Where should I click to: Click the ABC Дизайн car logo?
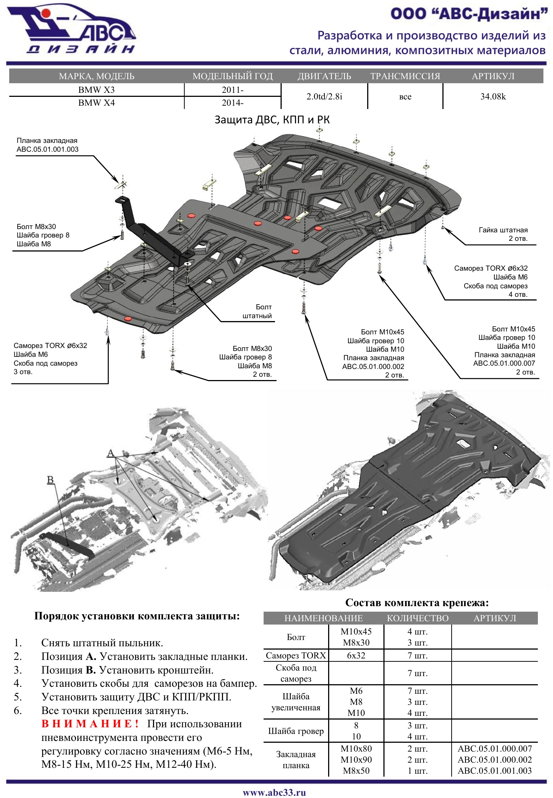[x=72, y=29]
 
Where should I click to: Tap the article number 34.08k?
[x=493, y=96]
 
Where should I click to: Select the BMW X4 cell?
[x=96, y=103]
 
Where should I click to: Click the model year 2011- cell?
[x=233, y=90]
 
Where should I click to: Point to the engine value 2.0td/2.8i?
[x=324, y=96]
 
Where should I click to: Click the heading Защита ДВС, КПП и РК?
[x=272, y=120]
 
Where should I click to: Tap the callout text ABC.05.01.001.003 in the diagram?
[x=48, y=150]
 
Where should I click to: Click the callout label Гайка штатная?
[x=503, y=230]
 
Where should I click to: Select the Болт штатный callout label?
[x=257, y=312]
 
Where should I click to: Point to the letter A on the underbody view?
[x=111, y=453]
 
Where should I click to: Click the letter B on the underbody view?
[x=51, y=480]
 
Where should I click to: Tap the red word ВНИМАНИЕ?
[x=90, y=724]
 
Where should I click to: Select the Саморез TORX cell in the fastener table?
[x=296, y=655]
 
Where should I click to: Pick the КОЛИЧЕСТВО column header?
[x=418, y=618]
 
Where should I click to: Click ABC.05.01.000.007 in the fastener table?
[x=495, y=749]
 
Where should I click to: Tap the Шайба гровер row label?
[x=296, y=731]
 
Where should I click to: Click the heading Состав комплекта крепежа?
[x=417, y=603]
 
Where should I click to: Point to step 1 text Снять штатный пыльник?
[x=102, y=643]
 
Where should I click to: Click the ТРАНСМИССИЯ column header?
[x=405, y=76]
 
